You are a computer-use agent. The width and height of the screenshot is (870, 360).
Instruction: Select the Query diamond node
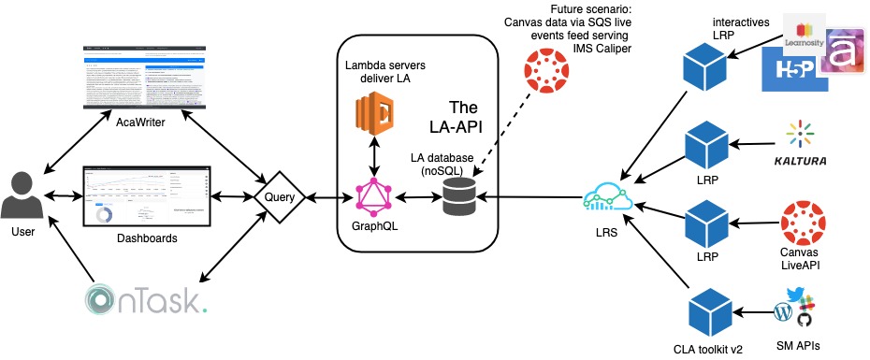[x=280, y=197]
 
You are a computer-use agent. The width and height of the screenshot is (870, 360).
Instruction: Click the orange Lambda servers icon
[x=374, y=116]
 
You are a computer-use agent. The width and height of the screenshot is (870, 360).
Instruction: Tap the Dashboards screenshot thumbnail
[x=145, y=196]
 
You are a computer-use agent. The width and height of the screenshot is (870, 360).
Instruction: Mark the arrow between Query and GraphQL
[x=327, y=197]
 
